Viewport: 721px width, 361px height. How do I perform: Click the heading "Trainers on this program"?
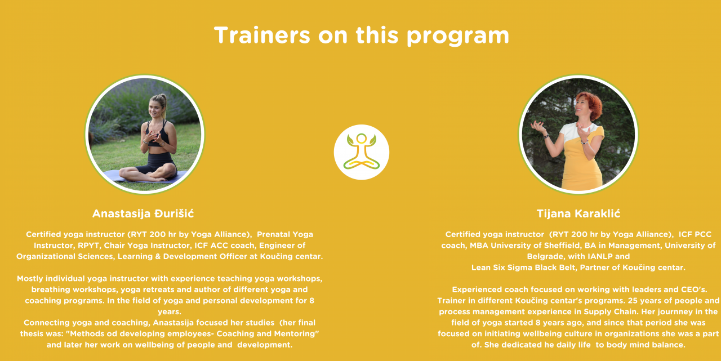362,35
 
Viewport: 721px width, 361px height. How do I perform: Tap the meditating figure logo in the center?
362,152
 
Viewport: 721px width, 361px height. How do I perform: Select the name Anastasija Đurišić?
143,213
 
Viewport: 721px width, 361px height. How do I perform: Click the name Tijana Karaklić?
578,213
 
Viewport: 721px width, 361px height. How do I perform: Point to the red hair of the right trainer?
591,103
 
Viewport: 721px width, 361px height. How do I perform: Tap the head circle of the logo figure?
362,139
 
